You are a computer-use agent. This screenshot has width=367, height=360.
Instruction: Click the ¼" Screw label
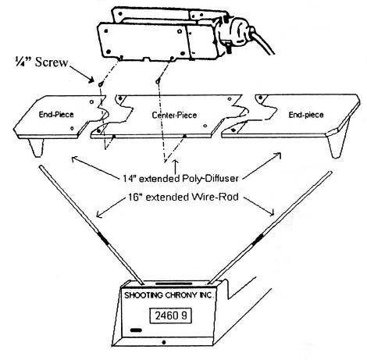pyautogui.click(x=41, y=62)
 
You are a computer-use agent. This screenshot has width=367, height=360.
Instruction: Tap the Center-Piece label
pyautogui.click(x=174, y=115)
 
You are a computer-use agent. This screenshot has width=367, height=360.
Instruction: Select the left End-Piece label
pyautogui.click(x=56, y=114)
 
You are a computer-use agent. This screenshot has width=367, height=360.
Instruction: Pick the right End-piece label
pyautogui.click(x=306, y=115)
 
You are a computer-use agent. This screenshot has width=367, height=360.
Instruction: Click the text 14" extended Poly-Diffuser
pyautogui.click(x=180, y=178)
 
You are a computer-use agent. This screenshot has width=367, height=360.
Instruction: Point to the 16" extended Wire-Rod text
pyautogui.click(x=183, y=197)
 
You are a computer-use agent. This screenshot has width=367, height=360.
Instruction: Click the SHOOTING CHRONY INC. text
pyautogui.click(x=169, y=295)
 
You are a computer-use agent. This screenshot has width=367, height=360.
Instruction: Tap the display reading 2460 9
pyautogui.click(x=171, y=315)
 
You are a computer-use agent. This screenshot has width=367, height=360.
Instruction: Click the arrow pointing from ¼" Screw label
pyautogui.click(x=81, y=73)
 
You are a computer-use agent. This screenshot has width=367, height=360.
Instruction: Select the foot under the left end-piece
pyautogui.click(x=37, y=148)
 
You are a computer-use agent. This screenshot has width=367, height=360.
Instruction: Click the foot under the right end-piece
pyautogui.click(x=337, y=146)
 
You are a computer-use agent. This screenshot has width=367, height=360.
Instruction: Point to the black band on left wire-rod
pyautogui.click(x=103, y=237)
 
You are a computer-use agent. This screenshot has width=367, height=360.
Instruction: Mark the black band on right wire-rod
pyautogui.click(x=258, y=239)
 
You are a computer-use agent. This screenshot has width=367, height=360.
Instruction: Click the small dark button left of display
pyautogui.click(x=136, y=330)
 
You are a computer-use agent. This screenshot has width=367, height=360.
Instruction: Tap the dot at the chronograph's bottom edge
pyautogui.click(x=164, y=342)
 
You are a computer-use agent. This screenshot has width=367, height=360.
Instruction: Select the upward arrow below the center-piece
pyautogui.click(x=175, y=166)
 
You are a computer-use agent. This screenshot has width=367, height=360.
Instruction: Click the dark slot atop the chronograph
pyautogui.click(x=174, y=283)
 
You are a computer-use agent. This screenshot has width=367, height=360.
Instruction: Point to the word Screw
pyautogui.click(x=52, y=62)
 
